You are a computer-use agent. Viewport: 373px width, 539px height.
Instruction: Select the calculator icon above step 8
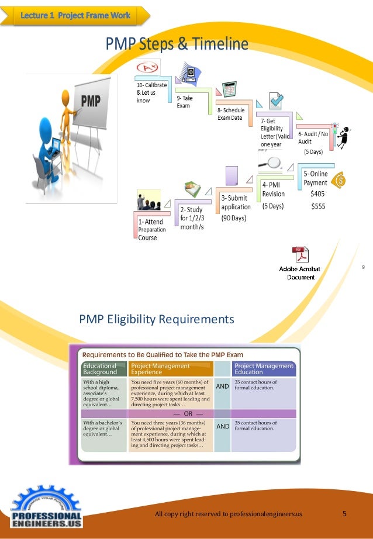tap(229, 89)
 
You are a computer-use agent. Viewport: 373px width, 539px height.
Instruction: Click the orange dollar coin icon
tap(339, 180)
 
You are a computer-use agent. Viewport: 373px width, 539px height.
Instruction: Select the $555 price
tap(319, 206)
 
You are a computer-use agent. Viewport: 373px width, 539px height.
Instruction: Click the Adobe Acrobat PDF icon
tap(300, 255)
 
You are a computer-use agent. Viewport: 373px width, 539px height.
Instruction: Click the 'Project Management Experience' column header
tap(170, 369)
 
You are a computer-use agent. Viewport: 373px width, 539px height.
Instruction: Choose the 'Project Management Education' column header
tap(264, 369)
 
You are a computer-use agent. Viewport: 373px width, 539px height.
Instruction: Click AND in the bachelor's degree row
tap(223, 427)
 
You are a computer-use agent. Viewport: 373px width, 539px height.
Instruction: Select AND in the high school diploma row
tap(223, 386)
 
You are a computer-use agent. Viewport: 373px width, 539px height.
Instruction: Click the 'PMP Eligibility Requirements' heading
tap(157, 319)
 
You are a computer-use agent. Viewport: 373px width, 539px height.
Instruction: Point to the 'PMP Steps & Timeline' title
tap(177, 44)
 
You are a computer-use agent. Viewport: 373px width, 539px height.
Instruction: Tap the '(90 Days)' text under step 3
tap(234, 219)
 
